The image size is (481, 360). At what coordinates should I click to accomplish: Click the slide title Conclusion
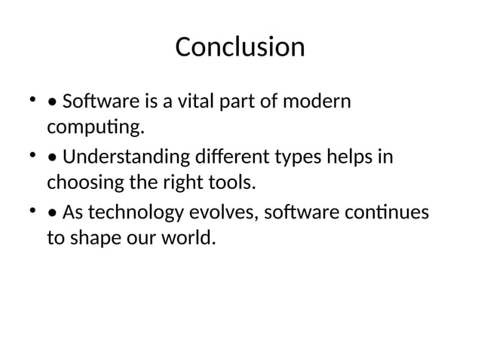[240, 47]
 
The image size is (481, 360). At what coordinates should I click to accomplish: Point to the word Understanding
[115, 157]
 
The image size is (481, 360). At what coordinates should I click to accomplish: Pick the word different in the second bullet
[208, 157]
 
